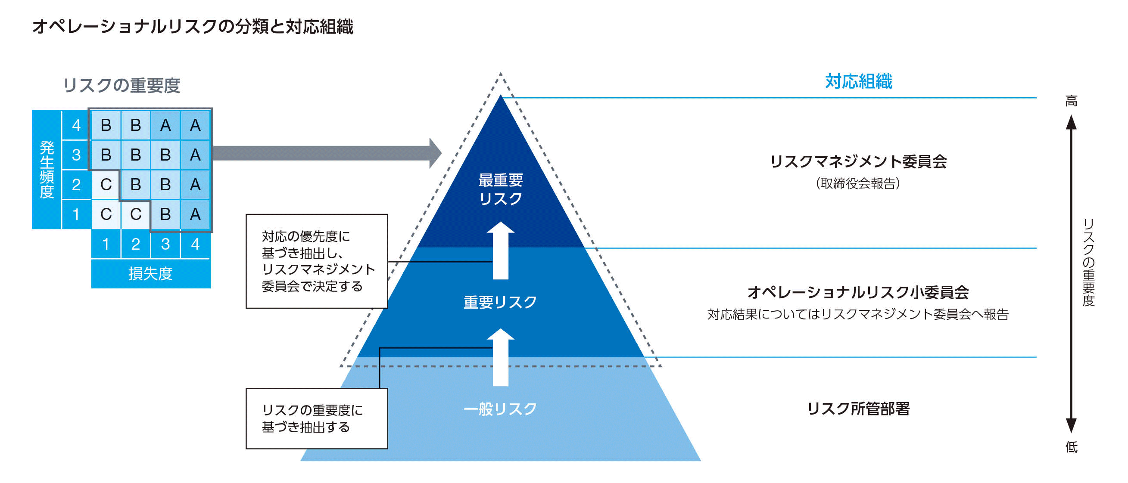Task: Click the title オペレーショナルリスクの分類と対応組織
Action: point(193,27)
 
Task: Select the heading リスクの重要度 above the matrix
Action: point(122,85)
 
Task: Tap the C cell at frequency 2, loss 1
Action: point(106,185)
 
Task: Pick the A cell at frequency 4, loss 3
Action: point(165,126)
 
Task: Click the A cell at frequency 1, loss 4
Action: point(195,214)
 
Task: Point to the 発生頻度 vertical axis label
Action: point(47,170)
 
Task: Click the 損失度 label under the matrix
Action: point(150,274)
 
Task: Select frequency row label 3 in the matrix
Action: point(76,155)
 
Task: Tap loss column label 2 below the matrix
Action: point(135,244)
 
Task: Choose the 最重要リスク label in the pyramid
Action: point(501,189)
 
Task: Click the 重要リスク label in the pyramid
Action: point(500,302)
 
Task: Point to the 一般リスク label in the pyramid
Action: point(500,409)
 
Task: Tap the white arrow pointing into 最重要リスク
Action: point(501,250)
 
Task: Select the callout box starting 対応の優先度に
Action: point(317,261)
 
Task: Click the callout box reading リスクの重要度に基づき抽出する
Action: point(317,418)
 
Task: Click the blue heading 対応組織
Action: point(858,82)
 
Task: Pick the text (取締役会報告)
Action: point(858,183)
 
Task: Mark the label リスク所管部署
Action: point(858,409)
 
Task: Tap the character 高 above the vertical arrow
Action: point(1071,102)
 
